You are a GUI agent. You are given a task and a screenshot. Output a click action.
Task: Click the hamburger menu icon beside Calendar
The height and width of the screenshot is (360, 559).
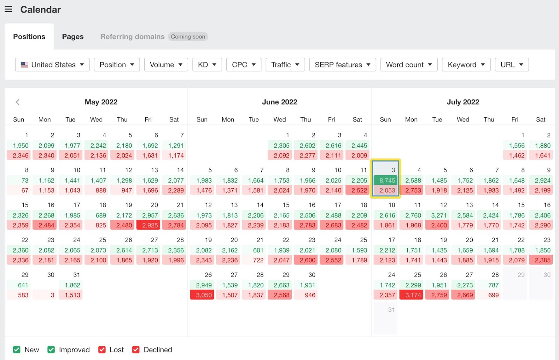(8, 9)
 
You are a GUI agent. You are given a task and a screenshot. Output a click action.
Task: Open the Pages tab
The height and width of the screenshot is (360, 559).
(73, 37)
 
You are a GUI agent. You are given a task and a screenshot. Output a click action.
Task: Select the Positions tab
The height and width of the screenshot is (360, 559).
(29, 37)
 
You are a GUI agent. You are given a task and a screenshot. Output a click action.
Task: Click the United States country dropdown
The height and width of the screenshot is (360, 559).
(52, 65)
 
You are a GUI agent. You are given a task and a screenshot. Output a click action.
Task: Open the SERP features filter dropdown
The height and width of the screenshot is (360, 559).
(342, 65)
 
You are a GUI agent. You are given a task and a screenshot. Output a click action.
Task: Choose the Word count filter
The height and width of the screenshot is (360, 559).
(409, 65)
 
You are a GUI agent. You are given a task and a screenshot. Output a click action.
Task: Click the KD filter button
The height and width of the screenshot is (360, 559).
(207, 65)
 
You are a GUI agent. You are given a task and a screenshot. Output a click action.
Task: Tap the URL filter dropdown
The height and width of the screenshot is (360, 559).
(511, 65)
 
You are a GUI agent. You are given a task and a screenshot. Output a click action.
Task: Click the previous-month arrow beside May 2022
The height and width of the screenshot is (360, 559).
(17, 102)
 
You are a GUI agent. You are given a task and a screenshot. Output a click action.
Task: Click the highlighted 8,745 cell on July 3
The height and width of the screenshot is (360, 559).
(386, 181)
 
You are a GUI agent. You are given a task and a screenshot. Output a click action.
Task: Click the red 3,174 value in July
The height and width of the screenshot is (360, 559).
(413, 295)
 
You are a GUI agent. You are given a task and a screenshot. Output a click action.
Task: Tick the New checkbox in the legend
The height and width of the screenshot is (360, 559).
(17, 350)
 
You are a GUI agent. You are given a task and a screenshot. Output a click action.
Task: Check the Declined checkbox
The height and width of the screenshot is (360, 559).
(136, 350)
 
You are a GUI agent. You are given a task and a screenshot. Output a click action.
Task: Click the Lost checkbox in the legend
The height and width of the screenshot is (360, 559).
(102, 350)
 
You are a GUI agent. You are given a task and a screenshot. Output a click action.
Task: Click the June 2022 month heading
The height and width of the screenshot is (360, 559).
(279, 102)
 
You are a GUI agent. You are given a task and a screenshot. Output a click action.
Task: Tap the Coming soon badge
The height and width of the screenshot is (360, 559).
(188, 37)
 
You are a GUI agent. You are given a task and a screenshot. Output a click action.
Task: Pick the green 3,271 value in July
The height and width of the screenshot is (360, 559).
(438, 215)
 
